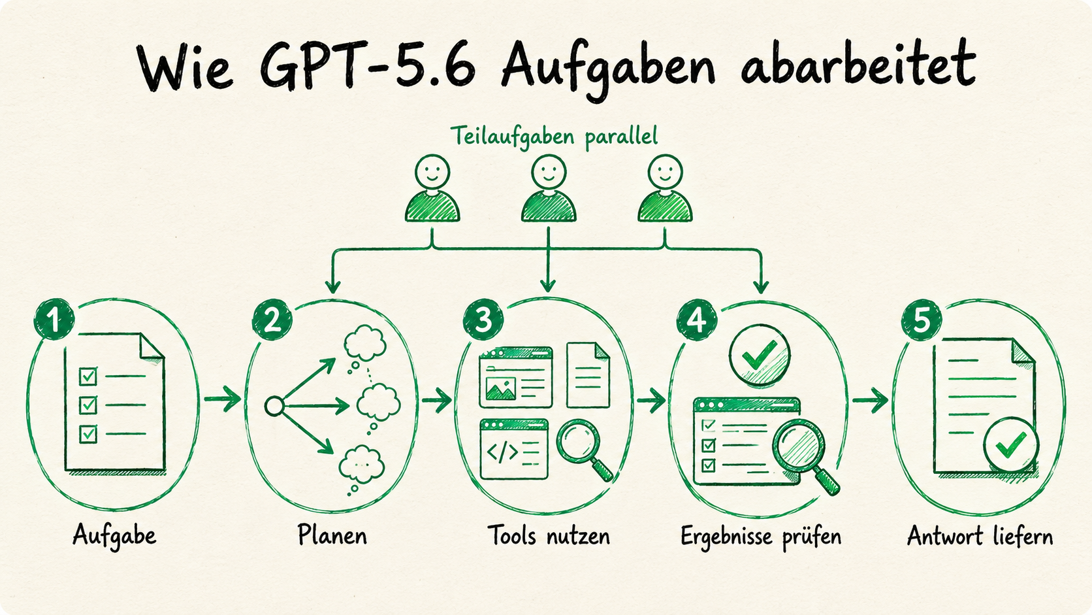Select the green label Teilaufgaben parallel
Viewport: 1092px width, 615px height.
click(x=554, y=136)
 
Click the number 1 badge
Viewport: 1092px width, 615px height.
click(x=54, y=320)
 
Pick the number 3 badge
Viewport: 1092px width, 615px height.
click(x=483, y=320)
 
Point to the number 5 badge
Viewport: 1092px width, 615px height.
click(x=922, y=320)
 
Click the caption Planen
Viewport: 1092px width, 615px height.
click(x=332, y=535)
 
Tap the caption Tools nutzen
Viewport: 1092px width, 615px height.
click(x=549, y=535)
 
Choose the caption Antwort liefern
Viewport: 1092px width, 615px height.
click(x=980, y=536)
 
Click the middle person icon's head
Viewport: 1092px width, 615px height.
click(x=549, y=172)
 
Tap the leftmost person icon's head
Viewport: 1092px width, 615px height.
click(x=432, y=172)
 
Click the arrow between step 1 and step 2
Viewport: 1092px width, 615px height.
click(x=223, y=399)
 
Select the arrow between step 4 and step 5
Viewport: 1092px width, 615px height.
click(x=870, y=400)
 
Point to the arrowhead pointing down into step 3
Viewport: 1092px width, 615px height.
click(x=549, y=286)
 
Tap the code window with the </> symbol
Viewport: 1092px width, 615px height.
click(x=514, y=449)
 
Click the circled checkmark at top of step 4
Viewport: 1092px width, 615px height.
click(x=760, y=356)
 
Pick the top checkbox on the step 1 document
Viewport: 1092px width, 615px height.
click(x=88, y=376)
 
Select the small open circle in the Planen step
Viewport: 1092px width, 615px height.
click(x=274, y=407)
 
